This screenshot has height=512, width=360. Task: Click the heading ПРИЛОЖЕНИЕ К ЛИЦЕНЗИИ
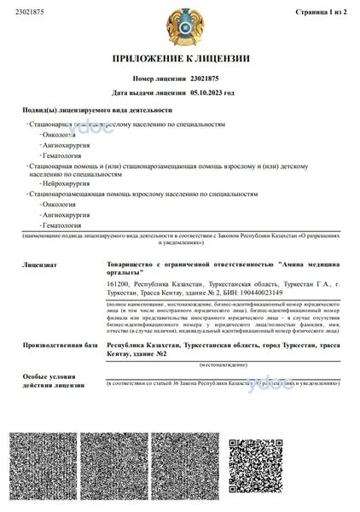[181, 59]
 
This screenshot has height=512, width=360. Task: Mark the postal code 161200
[118, 282]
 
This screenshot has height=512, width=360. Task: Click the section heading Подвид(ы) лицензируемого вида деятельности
[96, 110]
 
